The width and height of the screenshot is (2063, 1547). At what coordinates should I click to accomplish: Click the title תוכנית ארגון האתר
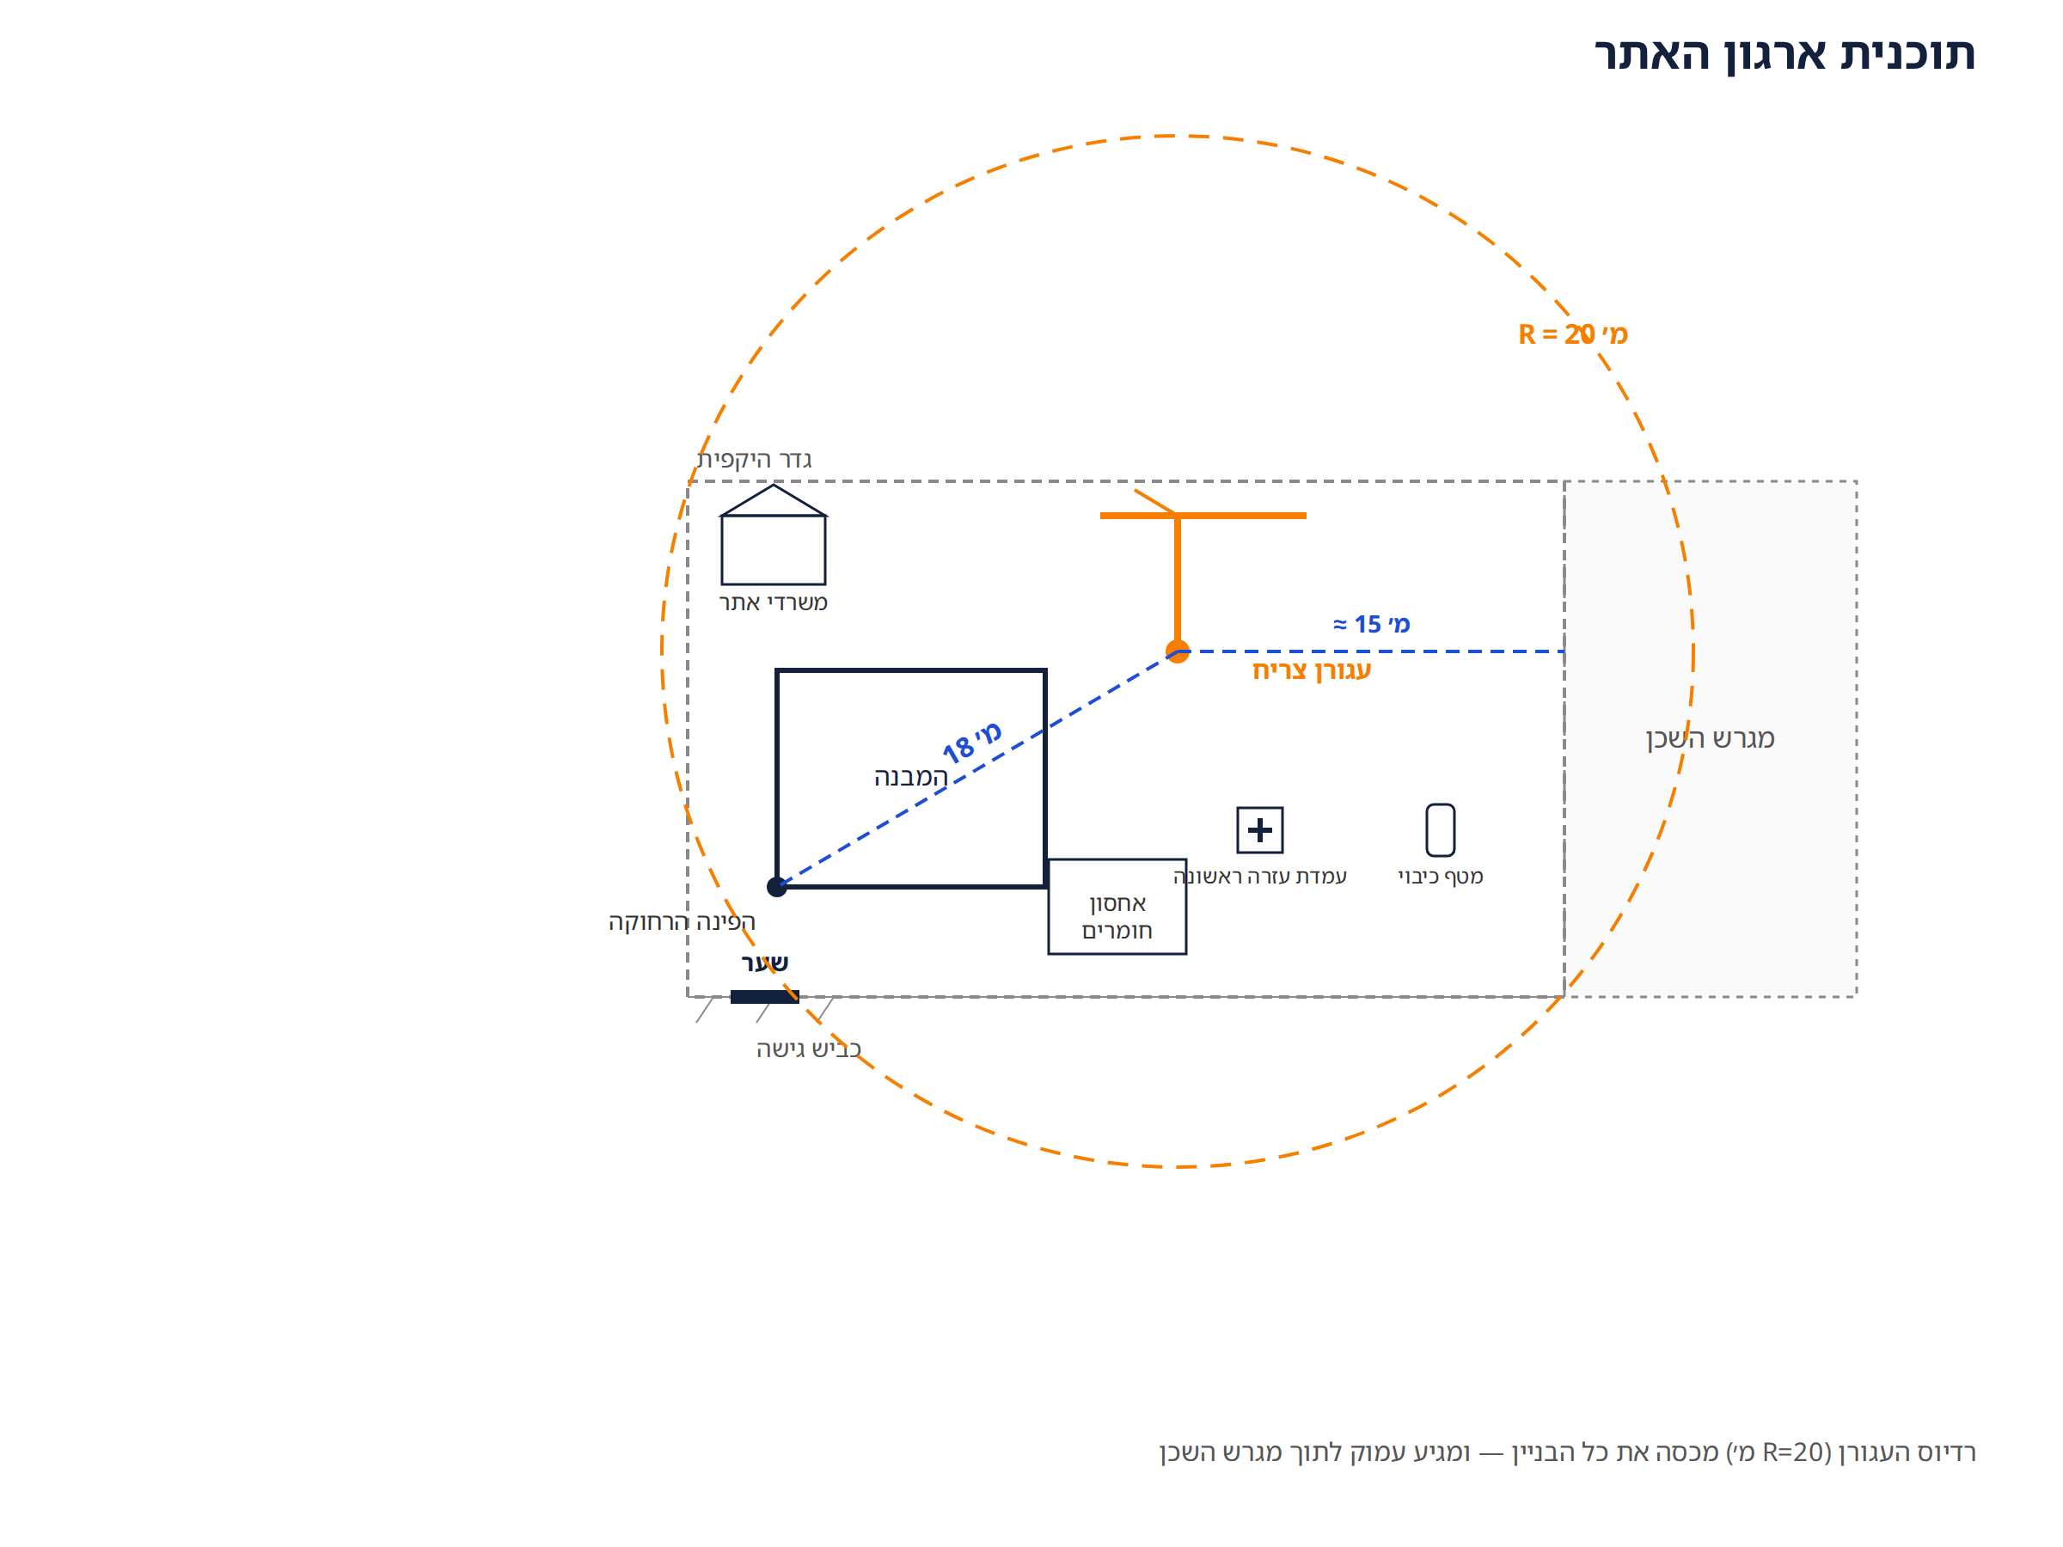1784,54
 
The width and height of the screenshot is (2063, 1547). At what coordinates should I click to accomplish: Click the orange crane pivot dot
1178,651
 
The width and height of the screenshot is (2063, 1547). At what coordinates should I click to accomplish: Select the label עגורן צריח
1311,670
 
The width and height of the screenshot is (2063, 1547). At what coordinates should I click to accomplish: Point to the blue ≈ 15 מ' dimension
1371,624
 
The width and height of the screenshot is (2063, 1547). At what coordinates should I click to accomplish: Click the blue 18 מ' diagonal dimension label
972,743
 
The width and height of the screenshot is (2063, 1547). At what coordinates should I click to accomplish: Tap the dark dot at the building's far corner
777,887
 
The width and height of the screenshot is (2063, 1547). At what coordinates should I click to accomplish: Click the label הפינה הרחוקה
682,922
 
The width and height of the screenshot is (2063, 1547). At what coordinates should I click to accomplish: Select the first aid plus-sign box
1260,830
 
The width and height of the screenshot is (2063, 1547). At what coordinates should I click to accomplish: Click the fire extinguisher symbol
1440,830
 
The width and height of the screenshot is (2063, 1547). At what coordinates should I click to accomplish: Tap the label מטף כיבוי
1440,877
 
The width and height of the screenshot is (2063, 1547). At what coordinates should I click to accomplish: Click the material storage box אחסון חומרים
1117,908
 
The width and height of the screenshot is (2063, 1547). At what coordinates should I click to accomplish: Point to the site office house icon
773,535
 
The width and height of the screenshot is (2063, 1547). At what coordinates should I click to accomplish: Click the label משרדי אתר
773,603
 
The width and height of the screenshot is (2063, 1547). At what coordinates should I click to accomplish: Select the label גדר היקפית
755,460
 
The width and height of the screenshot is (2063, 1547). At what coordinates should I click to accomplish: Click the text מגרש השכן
1711,738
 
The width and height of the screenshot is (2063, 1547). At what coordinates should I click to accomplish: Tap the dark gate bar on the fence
765,997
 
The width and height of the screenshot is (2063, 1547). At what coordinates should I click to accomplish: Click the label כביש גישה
809,1049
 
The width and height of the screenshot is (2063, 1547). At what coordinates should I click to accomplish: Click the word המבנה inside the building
910,777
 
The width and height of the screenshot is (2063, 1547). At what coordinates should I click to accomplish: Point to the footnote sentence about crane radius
1567,1452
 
